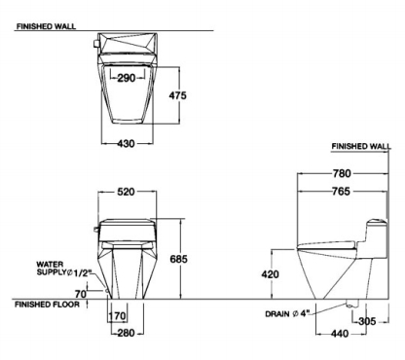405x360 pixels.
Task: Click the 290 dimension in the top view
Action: pos(127,78)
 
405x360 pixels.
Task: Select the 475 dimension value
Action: pos(178,95)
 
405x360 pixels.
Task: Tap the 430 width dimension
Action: pos(126,143)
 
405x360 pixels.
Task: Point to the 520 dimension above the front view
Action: pos(126,192)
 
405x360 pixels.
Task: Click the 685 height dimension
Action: pos(178,259)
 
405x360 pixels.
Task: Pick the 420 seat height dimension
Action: pos(270,274)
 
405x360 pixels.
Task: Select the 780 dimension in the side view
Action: pos(342,173)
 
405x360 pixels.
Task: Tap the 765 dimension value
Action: pos(342,192)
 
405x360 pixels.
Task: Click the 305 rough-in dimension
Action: pos(367,321)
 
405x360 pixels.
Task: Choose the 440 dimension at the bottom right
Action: pos(340,334)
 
